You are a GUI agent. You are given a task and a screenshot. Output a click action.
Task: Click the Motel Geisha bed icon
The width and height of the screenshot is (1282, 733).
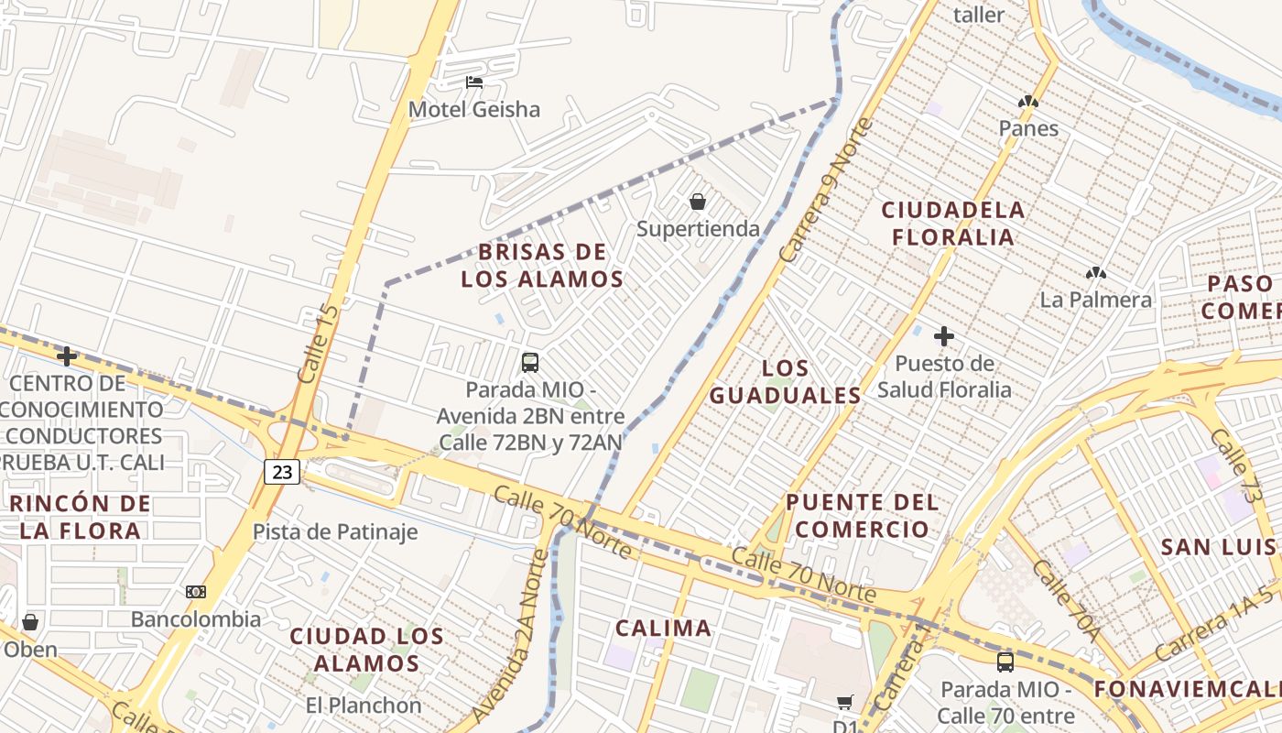[x=474, y=82]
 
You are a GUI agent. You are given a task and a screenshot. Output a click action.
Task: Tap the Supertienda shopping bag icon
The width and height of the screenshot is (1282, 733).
[x=698, y=202]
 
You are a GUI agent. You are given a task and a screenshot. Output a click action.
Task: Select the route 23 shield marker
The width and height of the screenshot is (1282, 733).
[x=282, y=472]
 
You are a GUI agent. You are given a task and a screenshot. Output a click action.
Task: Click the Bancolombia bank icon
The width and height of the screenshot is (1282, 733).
[x=196, y=592]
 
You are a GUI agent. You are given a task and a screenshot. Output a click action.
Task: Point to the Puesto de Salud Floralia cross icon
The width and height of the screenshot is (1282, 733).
[x=944, y=336]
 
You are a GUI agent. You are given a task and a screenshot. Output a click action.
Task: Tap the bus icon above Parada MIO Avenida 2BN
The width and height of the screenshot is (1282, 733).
[x=530, y=362]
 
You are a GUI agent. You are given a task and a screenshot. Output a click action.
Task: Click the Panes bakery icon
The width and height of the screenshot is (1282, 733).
[x=1028, y=102]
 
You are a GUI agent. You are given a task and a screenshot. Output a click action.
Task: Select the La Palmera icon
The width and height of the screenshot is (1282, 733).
[x=1095, y=273]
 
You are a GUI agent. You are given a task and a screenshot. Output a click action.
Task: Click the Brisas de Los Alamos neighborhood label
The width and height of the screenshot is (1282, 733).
[x=542, y=266]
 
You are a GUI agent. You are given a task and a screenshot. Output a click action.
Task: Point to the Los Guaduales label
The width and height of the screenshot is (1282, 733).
[x=786, y=382]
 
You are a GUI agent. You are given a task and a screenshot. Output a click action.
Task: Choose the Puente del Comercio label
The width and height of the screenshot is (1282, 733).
[x=863, y=516]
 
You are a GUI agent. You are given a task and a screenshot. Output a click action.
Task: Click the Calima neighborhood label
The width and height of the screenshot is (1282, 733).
[x=663, y=629]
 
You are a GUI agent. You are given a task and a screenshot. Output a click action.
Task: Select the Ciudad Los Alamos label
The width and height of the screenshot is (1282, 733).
[x=367, y=650]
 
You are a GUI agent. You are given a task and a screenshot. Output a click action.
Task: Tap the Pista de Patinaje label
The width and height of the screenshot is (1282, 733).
[x=335, y=532]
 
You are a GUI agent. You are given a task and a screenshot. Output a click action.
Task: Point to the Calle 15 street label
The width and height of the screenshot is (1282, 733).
[x=318, y=344]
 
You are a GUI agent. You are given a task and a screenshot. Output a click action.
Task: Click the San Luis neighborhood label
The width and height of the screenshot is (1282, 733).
[x=1218, y=548]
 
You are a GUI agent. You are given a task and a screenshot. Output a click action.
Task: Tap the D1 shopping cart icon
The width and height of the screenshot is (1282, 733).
[x=844, y=703]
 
